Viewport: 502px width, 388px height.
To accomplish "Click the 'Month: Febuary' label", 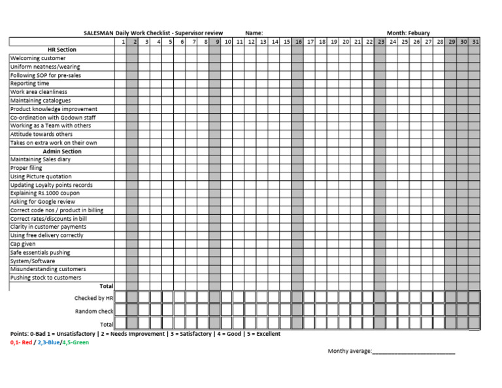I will [408, 33].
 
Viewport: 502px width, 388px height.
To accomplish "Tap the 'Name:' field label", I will [254, 33].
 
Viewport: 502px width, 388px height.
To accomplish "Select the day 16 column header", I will [298, 42].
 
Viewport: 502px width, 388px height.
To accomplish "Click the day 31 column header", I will [475, 42].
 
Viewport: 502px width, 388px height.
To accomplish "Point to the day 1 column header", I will [124, 42].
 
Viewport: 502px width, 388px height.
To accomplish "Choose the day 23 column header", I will [380, 42].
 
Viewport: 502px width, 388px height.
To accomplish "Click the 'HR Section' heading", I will [62, 50].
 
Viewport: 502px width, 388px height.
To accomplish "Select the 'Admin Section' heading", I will [62, 151].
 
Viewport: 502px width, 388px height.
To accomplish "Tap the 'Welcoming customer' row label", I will [38, 58].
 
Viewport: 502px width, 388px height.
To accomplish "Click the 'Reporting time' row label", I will [29, 84].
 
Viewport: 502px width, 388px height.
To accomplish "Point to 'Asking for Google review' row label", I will [42, 202].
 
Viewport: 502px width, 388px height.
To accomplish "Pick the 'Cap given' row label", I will [23, 244].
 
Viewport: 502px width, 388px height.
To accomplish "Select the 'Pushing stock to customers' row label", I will [46, 278].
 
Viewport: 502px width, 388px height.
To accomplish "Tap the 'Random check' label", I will [94, 311].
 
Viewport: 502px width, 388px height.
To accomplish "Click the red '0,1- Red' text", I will [21, 342].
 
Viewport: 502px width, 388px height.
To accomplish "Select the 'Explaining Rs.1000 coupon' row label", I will [44, 193].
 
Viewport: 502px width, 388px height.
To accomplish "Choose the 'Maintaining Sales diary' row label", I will [41, 159].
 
